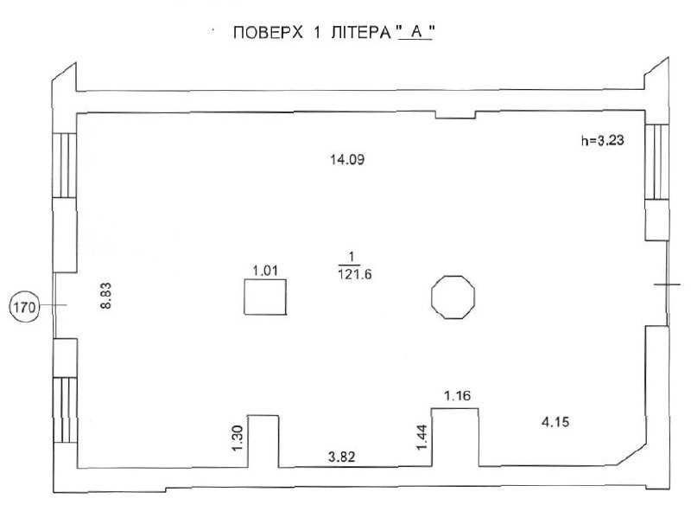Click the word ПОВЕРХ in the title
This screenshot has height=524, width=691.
click(268, 33)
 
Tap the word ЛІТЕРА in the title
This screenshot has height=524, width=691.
click(361, 33)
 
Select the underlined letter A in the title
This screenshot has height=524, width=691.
click(416, 32)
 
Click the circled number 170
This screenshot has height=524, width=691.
click(24, 307)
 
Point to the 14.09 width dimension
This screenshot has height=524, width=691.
click(347, 159)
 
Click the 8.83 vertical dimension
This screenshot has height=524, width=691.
click(105, 296)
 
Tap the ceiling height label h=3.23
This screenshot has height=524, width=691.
click(602, 140)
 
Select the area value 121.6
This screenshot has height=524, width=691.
click(355, 275)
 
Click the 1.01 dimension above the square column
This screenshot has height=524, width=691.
click(265, 271)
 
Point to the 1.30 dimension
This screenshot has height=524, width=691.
click(237, 438)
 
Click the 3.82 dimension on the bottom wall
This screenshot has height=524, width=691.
click(341, 457)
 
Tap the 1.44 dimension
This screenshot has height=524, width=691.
click(422, 438)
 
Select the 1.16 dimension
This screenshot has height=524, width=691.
click(458, 396)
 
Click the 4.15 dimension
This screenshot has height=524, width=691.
click(555, 422)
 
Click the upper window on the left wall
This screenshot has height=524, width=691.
click(64, 165)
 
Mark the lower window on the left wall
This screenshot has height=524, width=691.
click(65, 410)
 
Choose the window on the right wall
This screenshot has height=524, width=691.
click(657, 162)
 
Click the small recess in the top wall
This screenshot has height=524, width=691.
click(456, 115)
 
